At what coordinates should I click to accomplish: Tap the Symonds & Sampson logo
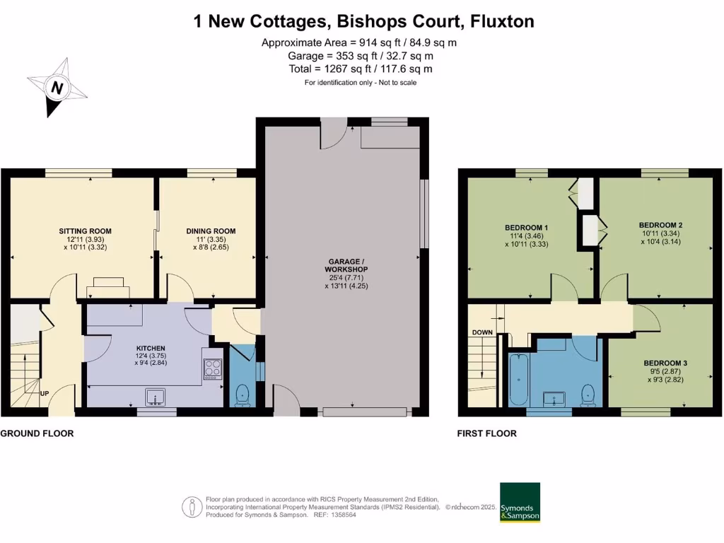[520, 502]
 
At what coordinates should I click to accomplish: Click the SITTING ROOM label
[85, 231]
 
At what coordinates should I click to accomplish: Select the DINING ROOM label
[211, 231]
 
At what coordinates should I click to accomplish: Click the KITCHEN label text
[151, 349]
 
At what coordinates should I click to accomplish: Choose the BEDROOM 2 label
[655, 224]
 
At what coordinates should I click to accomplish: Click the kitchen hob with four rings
[213, 368]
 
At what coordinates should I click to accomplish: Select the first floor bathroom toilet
[587, 394]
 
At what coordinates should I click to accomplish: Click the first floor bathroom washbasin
[552, 399]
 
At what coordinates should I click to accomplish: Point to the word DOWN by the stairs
[482, 332]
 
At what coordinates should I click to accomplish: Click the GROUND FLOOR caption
[37, 433]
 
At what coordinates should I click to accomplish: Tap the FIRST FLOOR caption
[486, 433]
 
